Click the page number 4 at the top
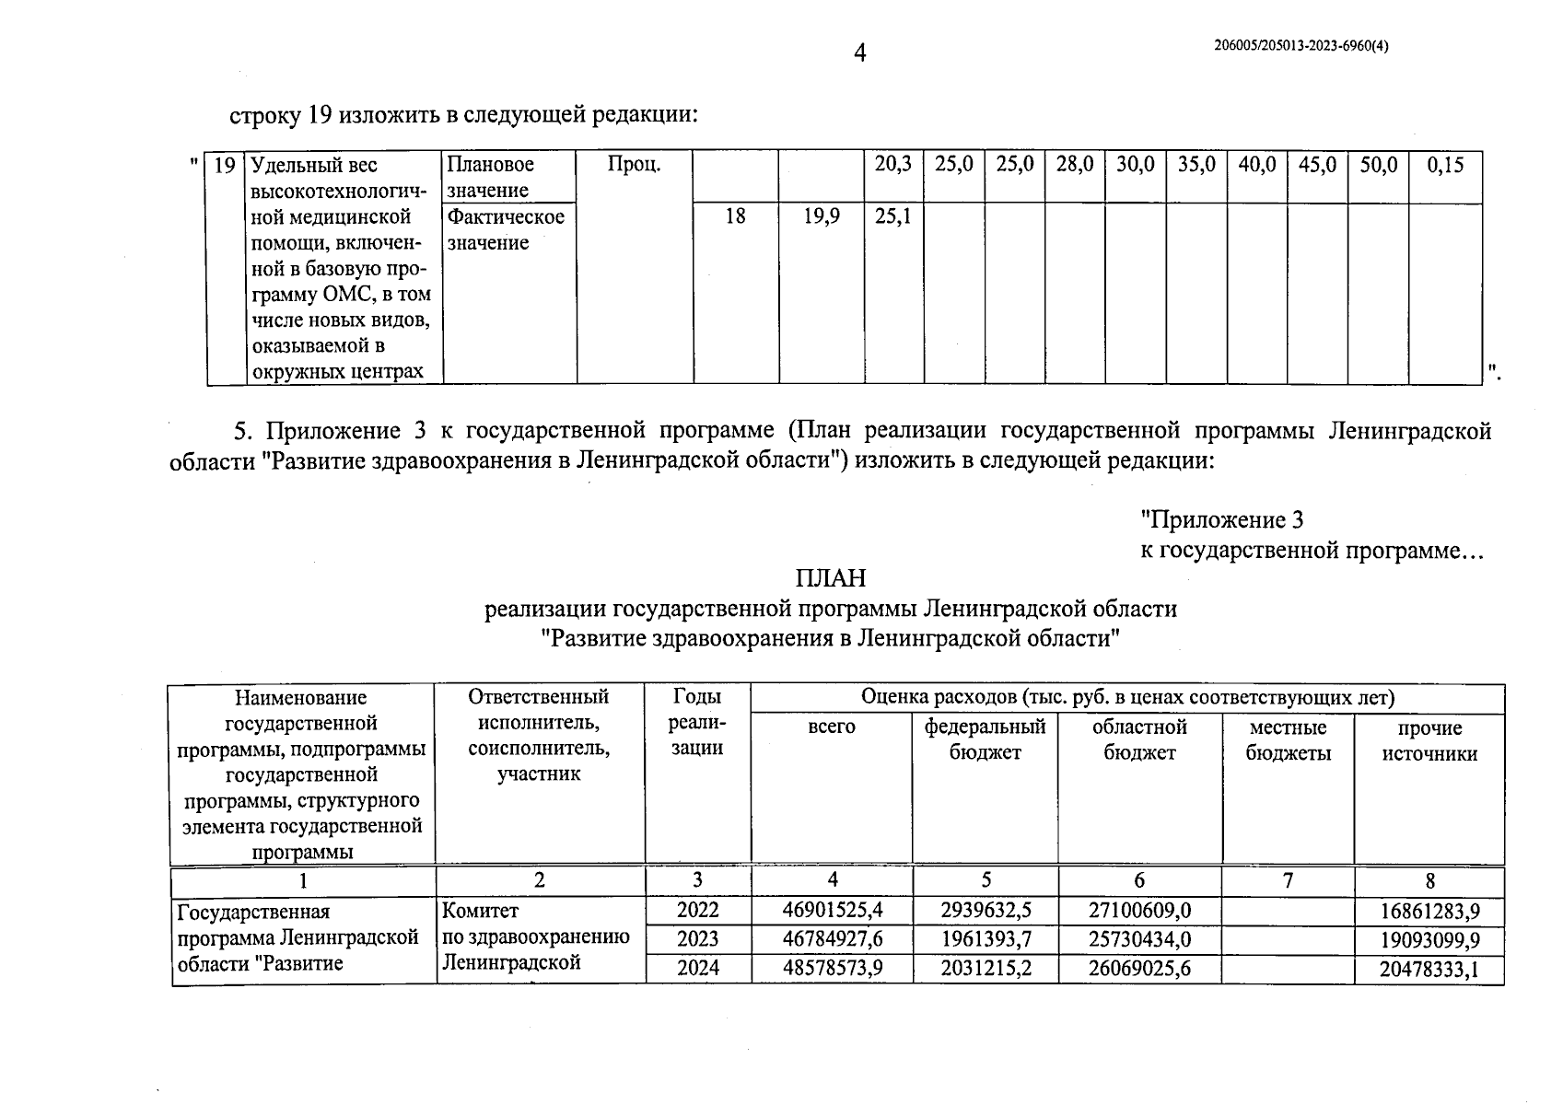point(859,53)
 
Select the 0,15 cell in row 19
point(1444,166)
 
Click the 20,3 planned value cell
point(892,165)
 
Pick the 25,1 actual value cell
point(892,217)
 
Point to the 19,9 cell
point(820,217)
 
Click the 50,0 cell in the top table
point(1378,166)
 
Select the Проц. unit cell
point(634,166)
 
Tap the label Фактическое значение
point(506,230)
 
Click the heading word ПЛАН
point(831,578)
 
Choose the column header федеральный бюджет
point(985,739)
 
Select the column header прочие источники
point(1429,740)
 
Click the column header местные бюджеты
point(1288,740)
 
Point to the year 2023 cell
point(697,939)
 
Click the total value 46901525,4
point(832,911)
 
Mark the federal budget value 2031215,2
point(986,968)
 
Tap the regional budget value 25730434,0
point(1139,939)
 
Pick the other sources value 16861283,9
point(1429,912)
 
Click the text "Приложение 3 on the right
point(1221,520)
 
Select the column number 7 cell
point(1288,881)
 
